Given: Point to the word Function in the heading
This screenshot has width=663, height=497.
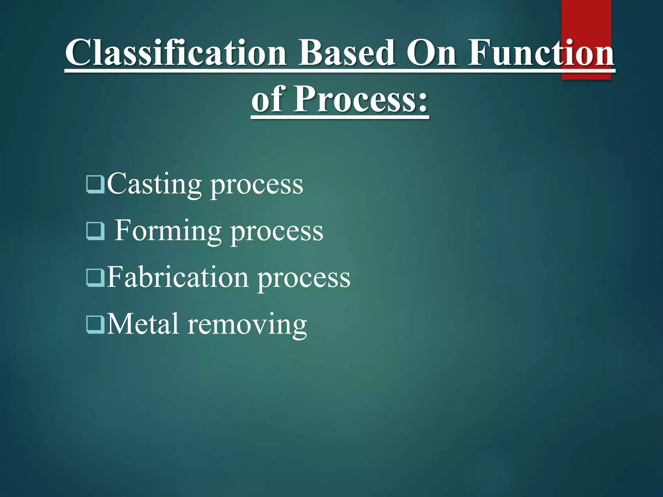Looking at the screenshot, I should point(541,52).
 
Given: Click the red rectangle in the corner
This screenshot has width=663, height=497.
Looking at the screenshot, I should point(586,19).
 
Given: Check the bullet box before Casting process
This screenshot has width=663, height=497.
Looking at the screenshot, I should point(96,184).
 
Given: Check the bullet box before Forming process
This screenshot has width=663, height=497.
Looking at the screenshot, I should point(96,231).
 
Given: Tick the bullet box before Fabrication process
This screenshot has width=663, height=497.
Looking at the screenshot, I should point(96,278).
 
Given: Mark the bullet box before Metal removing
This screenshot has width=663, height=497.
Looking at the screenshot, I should point(96,324).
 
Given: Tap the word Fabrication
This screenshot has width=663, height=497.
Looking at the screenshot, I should point(177,277).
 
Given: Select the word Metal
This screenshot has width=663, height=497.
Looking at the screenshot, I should point(142,324).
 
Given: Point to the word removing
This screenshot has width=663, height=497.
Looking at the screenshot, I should point(247,325).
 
